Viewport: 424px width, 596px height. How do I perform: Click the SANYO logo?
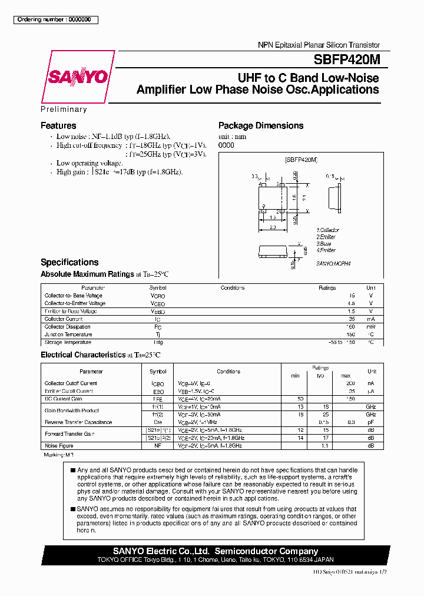click(x=77, y=77)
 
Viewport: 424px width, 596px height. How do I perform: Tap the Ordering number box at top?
click(x=55, y=19)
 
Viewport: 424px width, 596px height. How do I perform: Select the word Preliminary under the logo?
click(x=64, y=110)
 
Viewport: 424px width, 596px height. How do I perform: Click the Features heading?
click(x=58, y=125)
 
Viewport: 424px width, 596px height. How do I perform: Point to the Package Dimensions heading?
click(x=261, y=125)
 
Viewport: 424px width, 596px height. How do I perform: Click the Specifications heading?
click(x=69, y=262)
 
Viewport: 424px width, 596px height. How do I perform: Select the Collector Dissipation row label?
click(x=68, y=327)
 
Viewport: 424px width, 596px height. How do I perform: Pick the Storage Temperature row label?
click(x=68, y=342)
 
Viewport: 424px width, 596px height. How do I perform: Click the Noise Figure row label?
click(x=59, y=446)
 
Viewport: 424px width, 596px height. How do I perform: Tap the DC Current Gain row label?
click(x=62, y=399)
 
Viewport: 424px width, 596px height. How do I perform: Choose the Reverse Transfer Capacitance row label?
click(x=78, y=422)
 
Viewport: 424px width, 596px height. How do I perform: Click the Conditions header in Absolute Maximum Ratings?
click(x=233, y=288)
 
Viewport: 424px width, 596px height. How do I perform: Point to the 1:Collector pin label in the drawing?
click(x=328, y=230)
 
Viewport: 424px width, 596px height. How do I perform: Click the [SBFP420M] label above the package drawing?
click(x=301, y=160)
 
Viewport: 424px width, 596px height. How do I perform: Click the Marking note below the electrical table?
click(x=59, y=455)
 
